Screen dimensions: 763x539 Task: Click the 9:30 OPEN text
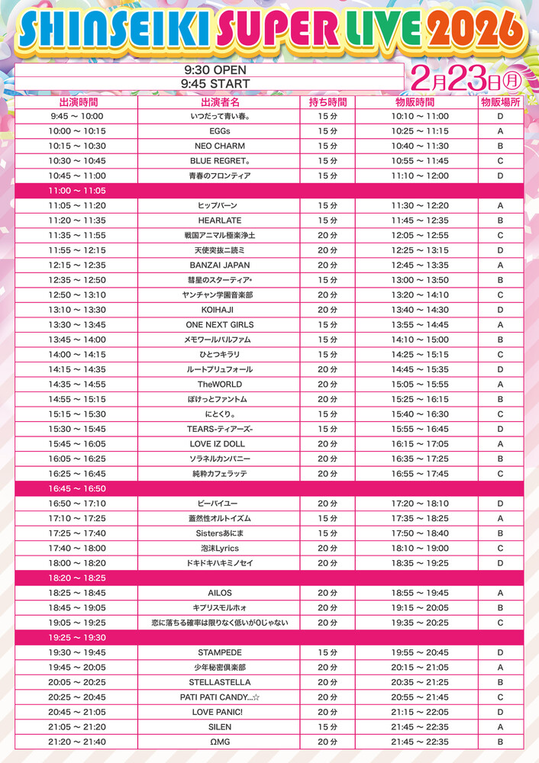206,69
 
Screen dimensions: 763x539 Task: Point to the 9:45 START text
206,82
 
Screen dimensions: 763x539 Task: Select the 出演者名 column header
220,101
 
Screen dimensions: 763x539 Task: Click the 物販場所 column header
500,101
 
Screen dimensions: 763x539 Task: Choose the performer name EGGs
220,131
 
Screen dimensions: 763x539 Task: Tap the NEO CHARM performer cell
220,146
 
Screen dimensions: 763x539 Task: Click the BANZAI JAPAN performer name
220,266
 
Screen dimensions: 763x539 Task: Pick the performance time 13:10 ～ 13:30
77,310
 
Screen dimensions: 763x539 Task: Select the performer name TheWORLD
220,385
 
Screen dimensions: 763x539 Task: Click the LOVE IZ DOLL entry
220,444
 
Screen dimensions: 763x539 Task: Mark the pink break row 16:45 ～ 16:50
77,488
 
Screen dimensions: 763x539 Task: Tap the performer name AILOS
220,593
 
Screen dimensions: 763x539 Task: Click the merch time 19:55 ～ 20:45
420,652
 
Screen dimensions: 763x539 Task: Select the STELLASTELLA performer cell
220,682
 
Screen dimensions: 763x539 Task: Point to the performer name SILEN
220,727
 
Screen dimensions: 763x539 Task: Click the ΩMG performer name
220,742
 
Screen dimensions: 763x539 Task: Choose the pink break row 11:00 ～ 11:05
77,191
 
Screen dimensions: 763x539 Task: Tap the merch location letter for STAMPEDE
500,652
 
